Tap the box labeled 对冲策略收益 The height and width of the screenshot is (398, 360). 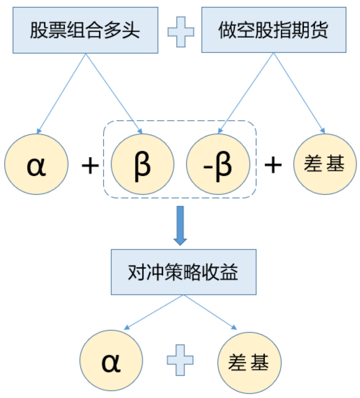point(183,272)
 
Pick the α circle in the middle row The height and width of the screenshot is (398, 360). point(36,164)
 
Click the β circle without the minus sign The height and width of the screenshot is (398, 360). point(142,164)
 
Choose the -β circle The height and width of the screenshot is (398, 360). point(218,164)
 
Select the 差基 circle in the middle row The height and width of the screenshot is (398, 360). point(324,164)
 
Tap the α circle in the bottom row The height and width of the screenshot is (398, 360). point(111,362)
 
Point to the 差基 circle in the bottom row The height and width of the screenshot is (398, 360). point(249,362)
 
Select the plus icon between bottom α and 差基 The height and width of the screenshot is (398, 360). point(181,360)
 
